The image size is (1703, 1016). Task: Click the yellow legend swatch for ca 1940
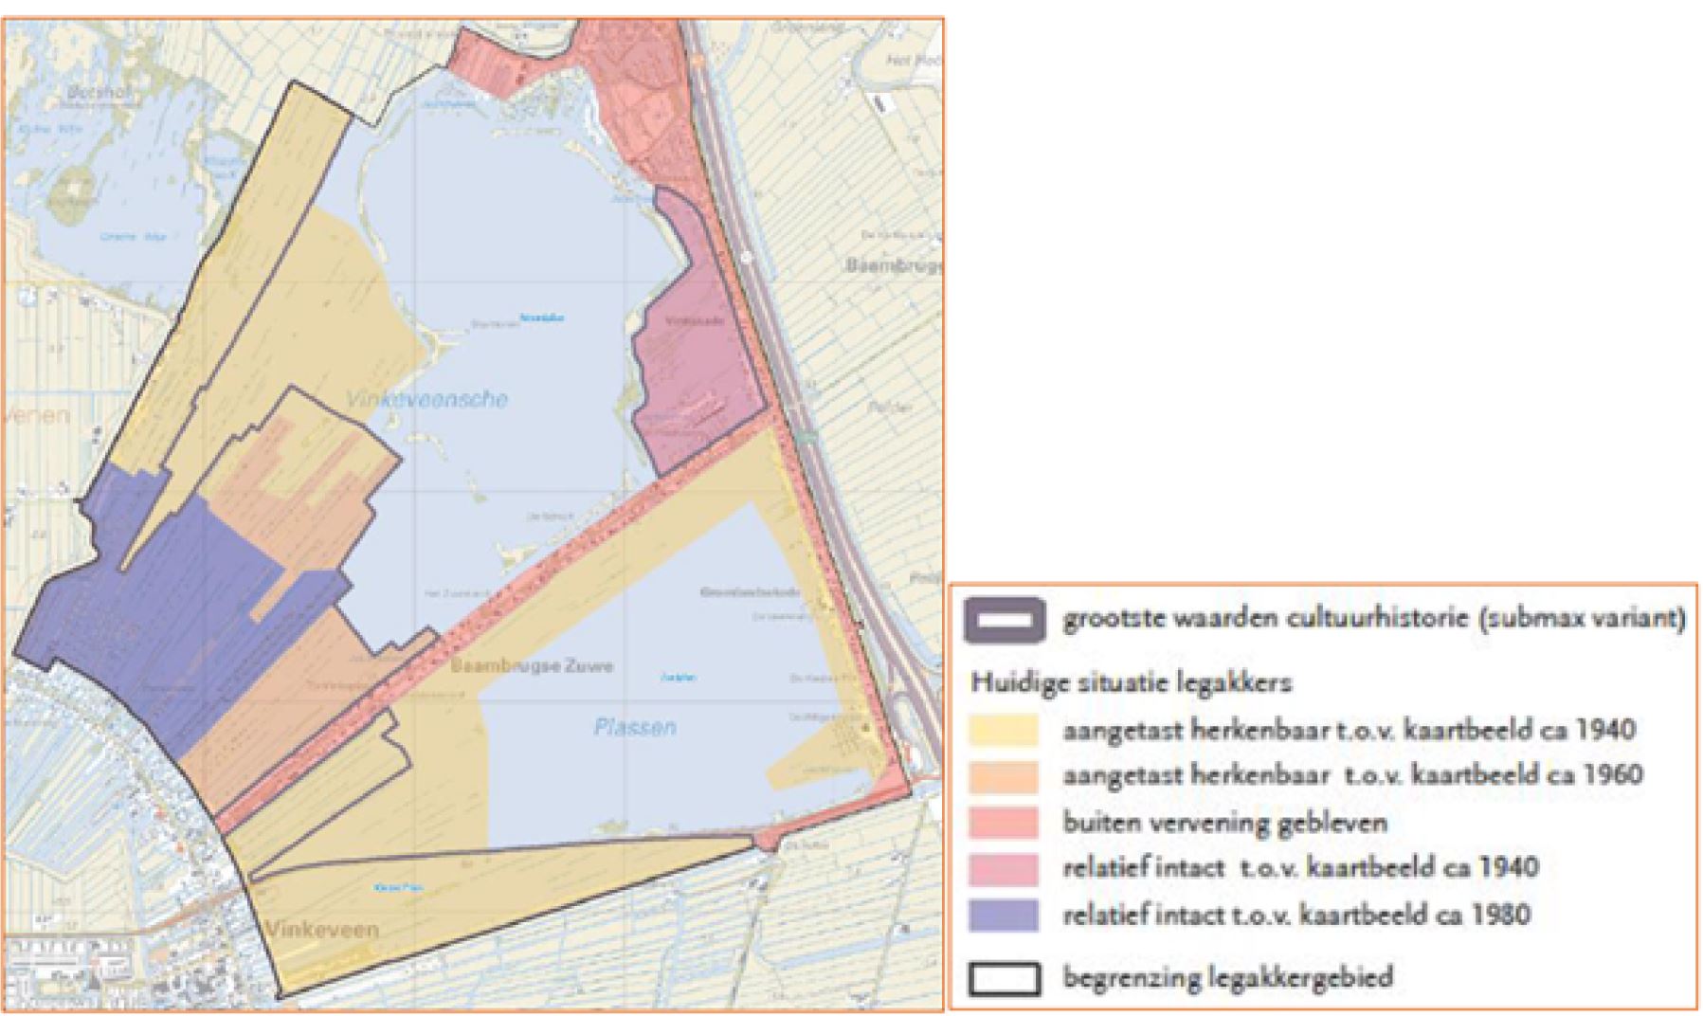(x=1004, y=731)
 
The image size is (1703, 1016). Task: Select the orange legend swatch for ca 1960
(x=1004, y=776)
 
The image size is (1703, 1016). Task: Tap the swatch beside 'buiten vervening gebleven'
(x=1004, y=822)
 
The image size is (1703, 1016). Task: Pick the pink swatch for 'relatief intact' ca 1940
(x=1004, y=868)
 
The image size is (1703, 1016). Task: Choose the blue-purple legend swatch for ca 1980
(x=1004, y=915)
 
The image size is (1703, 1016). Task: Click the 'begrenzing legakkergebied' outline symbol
(x=1004, y=978)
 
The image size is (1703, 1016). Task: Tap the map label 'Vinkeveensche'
(x=426, y=399)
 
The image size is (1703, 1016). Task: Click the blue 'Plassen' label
(x=635, y=727)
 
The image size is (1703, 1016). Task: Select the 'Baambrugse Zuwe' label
(x=532, y=666)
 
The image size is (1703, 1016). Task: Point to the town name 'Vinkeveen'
(x=322, y=929)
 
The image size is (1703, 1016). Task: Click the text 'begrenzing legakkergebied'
(x=1227, y=977)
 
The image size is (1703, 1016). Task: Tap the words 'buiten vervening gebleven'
(x=1224, y=822)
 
